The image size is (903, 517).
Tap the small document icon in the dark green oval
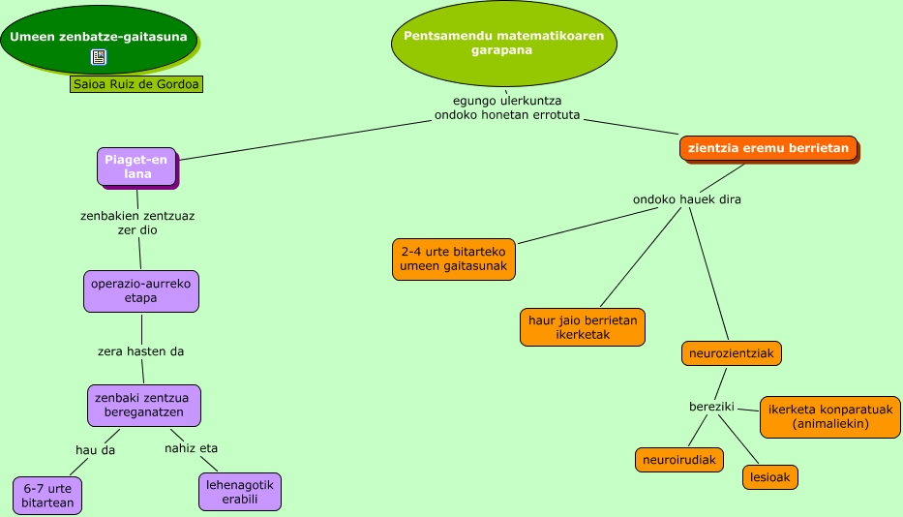[x=99, y=57]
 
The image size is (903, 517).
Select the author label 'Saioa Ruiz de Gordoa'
[x=137, y=84]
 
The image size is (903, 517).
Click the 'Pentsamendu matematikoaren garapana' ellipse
[x=503, y=44]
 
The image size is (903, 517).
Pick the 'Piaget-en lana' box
[x=136, y=167]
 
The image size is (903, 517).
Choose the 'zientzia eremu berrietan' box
[x=768, y=148]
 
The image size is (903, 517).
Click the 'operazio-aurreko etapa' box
[x=141, y=291]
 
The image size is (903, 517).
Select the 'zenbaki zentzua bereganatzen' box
[x=143, y=405]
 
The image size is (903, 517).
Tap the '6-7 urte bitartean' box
[x=48, y=496]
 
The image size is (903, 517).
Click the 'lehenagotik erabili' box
[x=240, y=492]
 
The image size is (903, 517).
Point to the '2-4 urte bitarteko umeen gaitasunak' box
[x=453, y=258]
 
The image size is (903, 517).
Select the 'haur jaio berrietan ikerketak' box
[x=582, y=327]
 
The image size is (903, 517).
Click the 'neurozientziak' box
[x=731, y=353]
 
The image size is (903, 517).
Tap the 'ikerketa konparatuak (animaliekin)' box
[x=830, y=416]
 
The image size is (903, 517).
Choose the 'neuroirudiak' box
[x=679, y=460]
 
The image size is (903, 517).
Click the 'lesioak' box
[x=770, y=477]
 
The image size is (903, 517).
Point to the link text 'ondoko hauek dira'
[x=687, y=199]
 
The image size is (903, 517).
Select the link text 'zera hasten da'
[x=141, y=351]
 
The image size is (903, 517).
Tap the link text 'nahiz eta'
[x=191, y=448]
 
